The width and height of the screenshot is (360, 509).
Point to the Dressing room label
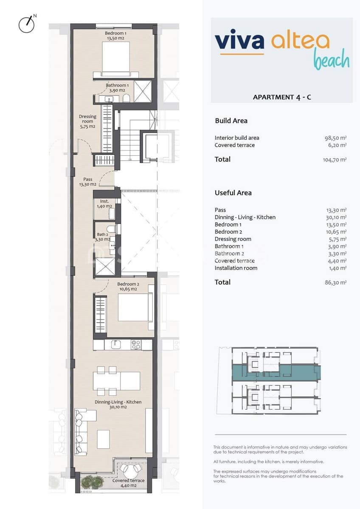click(87, 121)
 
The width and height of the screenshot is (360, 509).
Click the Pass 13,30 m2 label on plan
click(87, 182)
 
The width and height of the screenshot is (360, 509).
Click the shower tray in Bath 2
click(105, 266)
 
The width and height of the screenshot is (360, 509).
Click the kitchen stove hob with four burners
click(136, 345)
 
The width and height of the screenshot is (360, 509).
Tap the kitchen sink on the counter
click(117, 345)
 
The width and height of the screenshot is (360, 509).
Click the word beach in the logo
click(331, 60)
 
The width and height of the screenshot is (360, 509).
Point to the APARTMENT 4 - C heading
click(281, 97)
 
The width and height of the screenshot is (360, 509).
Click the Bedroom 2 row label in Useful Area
click(228, 232)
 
